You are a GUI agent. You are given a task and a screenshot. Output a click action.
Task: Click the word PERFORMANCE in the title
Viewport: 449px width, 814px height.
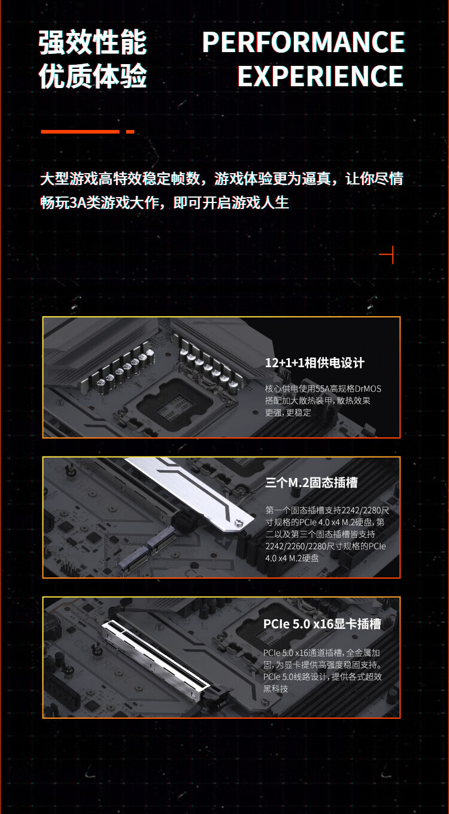(x=304, y=42)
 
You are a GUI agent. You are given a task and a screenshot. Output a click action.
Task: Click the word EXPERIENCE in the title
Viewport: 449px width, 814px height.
(x=320, y=76)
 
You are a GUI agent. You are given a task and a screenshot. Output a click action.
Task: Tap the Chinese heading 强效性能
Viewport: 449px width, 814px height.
(x=93, y=43)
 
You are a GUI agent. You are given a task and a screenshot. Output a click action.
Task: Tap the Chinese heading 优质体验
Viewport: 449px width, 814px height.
(x=93, y=76)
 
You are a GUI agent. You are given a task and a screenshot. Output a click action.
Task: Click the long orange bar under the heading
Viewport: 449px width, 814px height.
(x=80, y=132)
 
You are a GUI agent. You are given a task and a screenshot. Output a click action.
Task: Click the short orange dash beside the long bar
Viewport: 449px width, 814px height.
(x=130, y=132)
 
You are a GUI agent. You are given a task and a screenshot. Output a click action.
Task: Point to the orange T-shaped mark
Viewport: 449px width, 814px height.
(x=389, y=255)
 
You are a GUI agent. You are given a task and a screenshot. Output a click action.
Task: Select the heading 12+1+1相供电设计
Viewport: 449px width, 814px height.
(x=314, y=362)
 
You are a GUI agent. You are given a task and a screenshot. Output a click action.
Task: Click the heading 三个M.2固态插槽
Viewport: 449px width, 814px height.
(x=311, y=483)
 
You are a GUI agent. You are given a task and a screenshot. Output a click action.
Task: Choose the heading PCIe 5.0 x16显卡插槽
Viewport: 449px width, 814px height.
(x=322, y=624)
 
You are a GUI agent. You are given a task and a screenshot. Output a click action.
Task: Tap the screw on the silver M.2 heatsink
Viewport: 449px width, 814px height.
(x=238, y=522)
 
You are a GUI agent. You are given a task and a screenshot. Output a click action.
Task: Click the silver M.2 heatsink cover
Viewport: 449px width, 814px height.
(x=189, y=491)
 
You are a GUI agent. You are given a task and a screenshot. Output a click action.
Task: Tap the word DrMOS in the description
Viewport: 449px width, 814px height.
(x=368, y=389)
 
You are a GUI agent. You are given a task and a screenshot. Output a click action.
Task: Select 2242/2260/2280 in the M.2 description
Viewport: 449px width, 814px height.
(x=295, y=546)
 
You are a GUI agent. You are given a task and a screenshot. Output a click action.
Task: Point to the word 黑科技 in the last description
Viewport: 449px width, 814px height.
(x=276, y=689)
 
